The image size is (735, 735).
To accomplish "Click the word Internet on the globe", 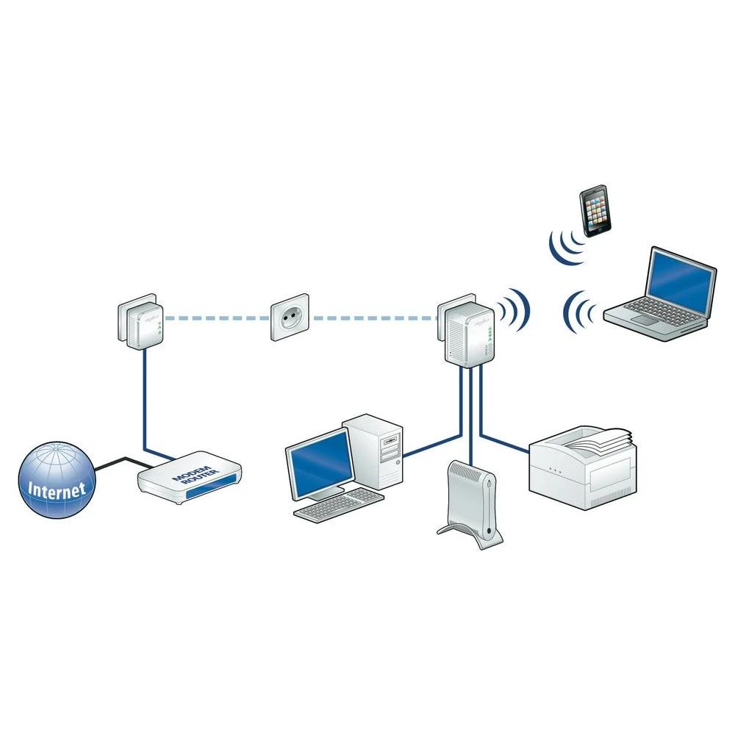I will (57, 488).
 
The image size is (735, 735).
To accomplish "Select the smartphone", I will (596, 211).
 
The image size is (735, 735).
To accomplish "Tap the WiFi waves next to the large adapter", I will (515, 309).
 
